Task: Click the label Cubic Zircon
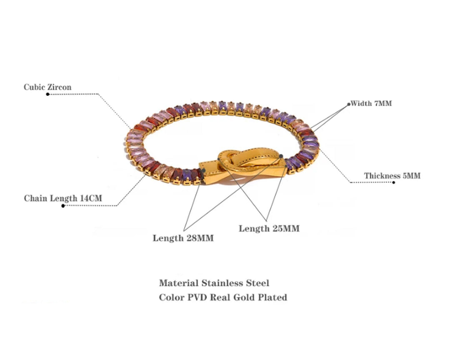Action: (x=47, y=87)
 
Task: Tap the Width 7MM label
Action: (x=371, y=103)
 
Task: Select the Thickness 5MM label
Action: (x=392, y=176)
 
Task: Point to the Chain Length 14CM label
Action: (x=63, y=198)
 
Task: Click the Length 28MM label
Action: (x=183, y=238)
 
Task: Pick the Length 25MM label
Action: (x=269, y=228)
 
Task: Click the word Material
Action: (x=178, y=283)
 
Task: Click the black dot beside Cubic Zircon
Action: (x=47, y=94)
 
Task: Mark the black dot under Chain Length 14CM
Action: (x=63, y=205)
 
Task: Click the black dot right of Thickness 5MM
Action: (x=394, y=182)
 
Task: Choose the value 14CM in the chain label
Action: (x=91, y=198)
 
